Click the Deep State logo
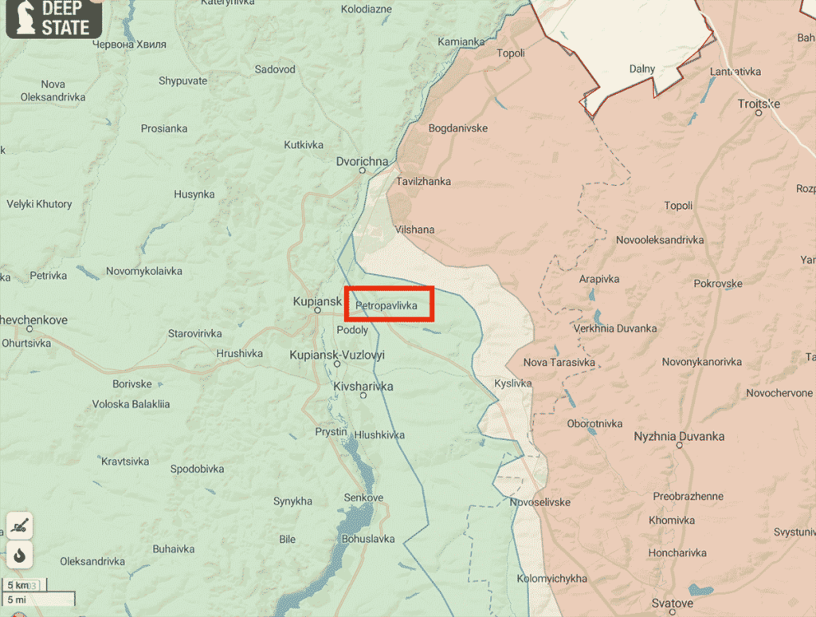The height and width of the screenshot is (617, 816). click(53, 18)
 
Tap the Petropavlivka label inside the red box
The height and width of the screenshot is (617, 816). click(386, 305)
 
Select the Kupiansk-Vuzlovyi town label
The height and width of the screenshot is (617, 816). click(336, 355)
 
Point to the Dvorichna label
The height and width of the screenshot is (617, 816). click(363, 161)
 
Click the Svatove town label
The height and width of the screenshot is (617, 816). click(671, 603)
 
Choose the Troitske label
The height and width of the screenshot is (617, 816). click(759, 104)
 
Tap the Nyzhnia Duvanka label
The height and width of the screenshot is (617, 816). click(679, 436)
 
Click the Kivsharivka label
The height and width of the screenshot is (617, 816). click(363, 387)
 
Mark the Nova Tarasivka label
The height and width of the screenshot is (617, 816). click(559, 363)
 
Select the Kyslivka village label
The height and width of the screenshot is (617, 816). click(512, 383)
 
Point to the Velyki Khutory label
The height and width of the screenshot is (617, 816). click(39, 204)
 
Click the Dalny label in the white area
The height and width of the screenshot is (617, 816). click(641, 69)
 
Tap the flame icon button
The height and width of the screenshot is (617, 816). click(20, 555)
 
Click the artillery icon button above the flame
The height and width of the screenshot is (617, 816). click(20, 525)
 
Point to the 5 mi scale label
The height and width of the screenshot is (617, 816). click(17, 599)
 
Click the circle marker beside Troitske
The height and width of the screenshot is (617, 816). click(759, 113)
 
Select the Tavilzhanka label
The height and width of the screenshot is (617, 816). click(423, 182)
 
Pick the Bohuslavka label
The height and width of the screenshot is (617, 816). click(367, 539)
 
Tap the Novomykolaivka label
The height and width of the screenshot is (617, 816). click(143, 271)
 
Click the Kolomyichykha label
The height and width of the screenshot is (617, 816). click(552, 578)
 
